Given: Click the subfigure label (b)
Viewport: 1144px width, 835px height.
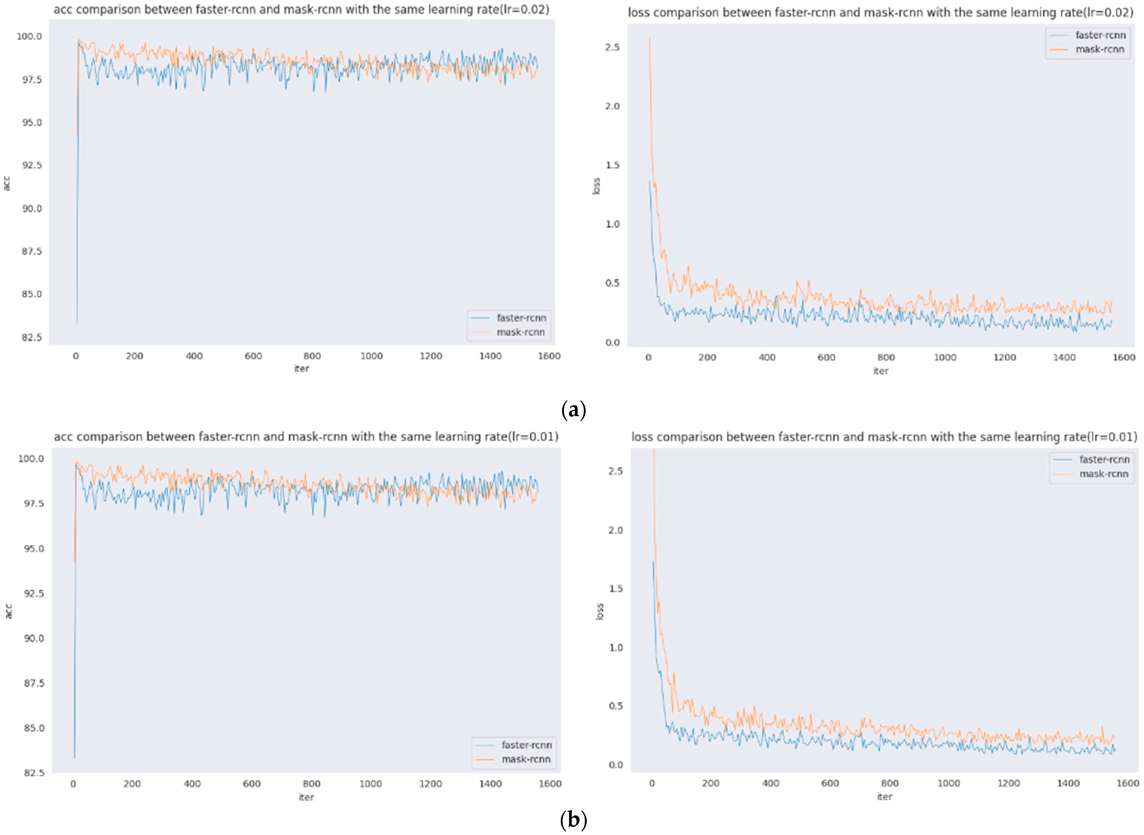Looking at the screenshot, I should click(573, 820).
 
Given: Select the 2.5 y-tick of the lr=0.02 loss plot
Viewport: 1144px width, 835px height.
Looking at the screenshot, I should click(612, 47).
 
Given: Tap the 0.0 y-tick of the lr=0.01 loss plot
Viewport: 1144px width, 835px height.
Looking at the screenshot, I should click(616, 765).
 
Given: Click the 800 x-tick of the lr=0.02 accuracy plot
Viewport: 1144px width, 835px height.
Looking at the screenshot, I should click(312, 356).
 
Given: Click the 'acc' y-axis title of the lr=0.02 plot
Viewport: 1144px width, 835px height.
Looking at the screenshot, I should click(7, 183).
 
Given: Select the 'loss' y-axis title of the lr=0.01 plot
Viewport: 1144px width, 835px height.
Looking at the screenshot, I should click(600, 612).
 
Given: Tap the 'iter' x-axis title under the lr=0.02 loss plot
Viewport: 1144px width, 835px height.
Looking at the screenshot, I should click(881, 371).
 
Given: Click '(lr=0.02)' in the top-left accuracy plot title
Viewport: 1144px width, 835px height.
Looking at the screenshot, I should click(524, 10).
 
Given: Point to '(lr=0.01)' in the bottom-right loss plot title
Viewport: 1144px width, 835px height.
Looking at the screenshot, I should click(1112, 437).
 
